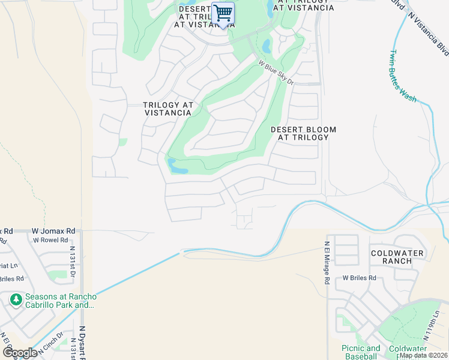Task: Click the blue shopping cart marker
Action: (x=223, y=13)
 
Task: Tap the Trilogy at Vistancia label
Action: (x=168, y=109)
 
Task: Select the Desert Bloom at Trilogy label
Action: (x=303, y=133)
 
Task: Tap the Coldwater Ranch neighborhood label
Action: (x=397, y=257)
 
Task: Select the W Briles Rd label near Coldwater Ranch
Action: (x=359, y=278)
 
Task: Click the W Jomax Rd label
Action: (x=53, y=230)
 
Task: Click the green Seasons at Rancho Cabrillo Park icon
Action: (x=14, y=298)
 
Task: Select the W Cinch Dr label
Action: (x=50, y=340)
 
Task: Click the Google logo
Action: (x=20, y=352)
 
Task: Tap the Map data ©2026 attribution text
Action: (x=423, y=355)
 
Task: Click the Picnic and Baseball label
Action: (x=361, y=352)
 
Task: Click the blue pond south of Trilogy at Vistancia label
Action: (x=178, y=167)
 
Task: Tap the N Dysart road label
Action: (x=82, y=342)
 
